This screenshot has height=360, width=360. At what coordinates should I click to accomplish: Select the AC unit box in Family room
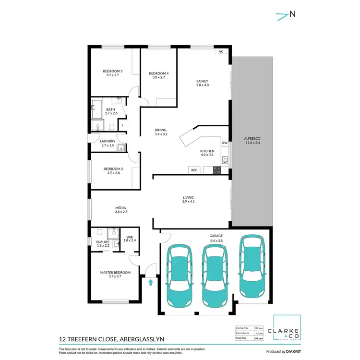tap(221, 51)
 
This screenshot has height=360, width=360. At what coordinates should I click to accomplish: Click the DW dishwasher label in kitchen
tap(224, 143)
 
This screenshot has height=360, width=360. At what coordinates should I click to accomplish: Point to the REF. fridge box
tap(194, 170)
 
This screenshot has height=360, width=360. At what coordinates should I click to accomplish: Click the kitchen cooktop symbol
tap(216, 169)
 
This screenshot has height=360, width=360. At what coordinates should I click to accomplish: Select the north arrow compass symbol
tap(286, 15)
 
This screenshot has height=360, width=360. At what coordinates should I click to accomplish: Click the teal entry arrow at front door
tap(151, 282)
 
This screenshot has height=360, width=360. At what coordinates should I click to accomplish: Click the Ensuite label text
tap(103, 242)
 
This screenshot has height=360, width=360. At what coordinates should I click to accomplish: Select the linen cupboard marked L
tap(122, 125)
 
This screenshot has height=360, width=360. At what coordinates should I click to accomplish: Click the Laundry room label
tap(107, 141)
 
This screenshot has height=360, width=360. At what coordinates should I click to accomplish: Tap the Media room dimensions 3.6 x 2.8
tap(120, 212)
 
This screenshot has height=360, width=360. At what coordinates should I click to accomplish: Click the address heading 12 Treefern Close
tap(111, 338)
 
